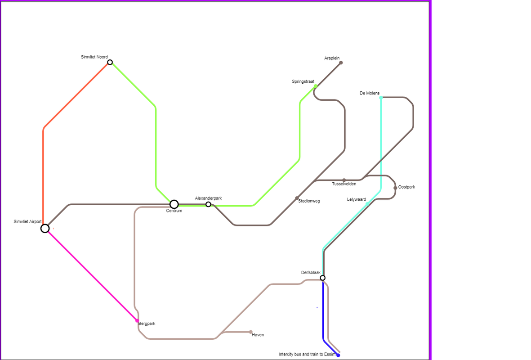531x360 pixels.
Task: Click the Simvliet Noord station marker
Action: click(110, 63)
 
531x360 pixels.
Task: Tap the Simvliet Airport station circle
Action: click(45, 229)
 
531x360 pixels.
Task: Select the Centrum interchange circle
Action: click(174, 204)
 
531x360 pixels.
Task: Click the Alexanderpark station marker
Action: click(208, 204)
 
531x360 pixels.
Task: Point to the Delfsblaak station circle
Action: click(323, 278)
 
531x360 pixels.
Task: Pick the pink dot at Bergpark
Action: click(137, 320)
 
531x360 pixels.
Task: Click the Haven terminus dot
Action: click(250, 332)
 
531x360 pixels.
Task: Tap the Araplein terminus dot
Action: click(341, 63)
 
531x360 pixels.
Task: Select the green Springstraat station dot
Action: click(316, 86)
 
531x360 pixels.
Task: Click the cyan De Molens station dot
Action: click(381, 98)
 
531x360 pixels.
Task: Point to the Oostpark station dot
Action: click(395, 188)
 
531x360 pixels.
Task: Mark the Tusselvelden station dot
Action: click(344, 180)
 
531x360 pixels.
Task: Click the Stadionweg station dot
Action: click(297, 198)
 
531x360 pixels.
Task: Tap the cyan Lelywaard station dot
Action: click(367, 204)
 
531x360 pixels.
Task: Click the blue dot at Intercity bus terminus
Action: click(338, 355)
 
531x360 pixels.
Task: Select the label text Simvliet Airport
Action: click(28, 222)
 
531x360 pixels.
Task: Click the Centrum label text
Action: click(174, 211)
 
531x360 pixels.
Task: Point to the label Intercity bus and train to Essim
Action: click(307, 354)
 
